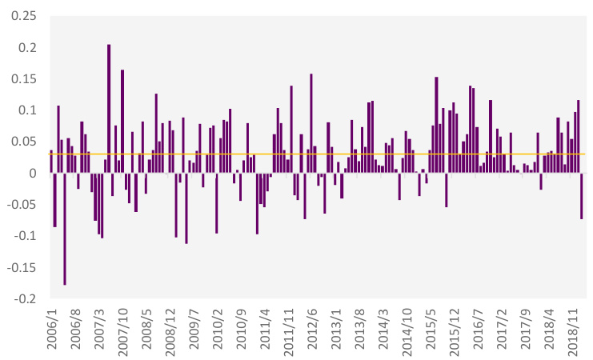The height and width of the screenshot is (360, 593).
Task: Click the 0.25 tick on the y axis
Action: point(25,17)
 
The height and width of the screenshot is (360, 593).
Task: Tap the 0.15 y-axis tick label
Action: point(25,79)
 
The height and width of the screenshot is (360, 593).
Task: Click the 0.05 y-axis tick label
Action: point(25,142)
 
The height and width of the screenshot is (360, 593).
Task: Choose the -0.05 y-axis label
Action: point(22,205)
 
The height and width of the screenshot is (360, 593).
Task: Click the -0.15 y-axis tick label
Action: point(22,267)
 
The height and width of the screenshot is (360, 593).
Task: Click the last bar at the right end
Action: point(582,196)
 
